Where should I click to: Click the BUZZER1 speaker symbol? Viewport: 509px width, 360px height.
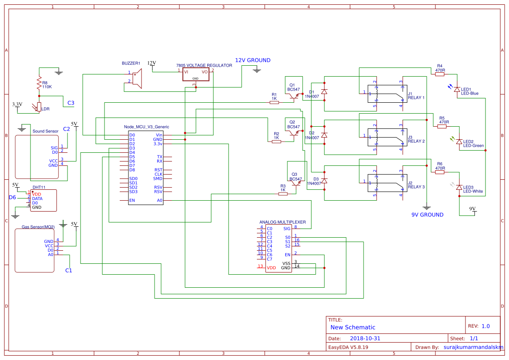pos(137,79)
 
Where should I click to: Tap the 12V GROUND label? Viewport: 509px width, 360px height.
pos(253,61)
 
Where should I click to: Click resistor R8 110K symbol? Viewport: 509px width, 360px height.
pos(39,82)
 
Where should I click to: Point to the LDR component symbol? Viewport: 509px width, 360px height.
pos(39,107)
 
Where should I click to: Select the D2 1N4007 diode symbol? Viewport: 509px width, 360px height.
pos(324,135)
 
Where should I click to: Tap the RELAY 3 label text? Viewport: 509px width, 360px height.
pos(416,187)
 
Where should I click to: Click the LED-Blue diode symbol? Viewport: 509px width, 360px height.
pos(457,89)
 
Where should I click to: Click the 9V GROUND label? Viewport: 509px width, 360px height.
pos(428,215)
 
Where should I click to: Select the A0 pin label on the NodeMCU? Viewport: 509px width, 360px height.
pos(159,201)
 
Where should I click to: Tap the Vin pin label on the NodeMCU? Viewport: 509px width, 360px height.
pos(159,135)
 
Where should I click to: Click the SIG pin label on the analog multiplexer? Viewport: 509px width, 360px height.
pos(287,229)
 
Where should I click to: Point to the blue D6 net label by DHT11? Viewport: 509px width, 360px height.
pos(13,198)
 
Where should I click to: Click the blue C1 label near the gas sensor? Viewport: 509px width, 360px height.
pos(68,271)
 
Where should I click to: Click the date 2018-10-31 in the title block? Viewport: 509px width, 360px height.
pos(365,338)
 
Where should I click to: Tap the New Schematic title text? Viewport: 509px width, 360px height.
pos(353,327)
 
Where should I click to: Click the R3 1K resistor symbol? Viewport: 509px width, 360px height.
pos(283,194)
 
